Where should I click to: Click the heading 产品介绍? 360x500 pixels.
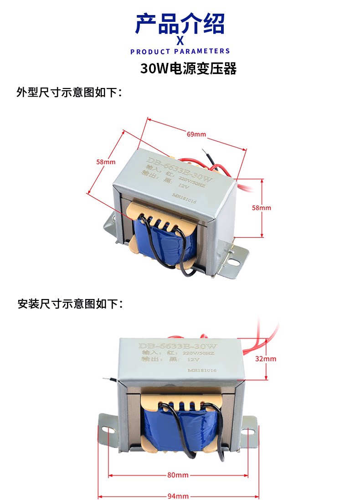[x=180, y=24]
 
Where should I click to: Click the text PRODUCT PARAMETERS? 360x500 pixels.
[x=180, y=52]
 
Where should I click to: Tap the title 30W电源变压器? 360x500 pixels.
[x=189, y=69]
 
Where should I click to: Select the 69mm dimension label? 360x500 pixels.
[x=196, y=134]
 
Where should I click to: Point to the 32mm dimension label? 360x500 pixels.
[x=265, y=359]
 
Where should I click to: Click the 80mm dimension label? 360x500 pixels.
[x=178, y=475]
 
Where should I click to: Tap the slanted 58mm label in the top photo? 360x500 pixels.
[x=105, y=162]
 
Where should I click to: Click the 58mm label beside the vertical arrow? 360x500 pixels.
[x=261, y=208]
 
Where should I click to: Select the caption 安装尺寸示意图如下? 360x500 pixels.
[x=69, y=304]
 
